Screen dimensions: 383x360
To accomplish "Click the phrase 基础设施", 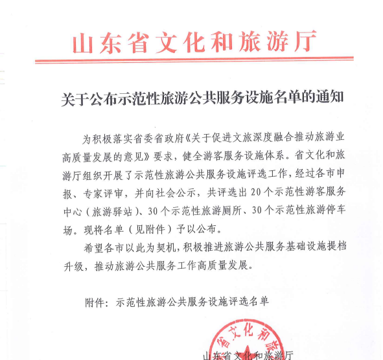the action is (x=296, y=247).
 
